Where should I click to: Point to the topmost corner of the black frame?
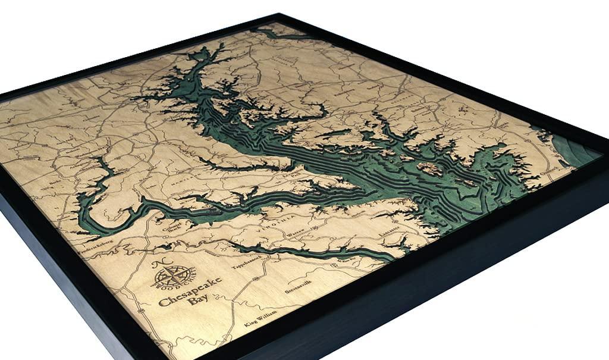[280, 14]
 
